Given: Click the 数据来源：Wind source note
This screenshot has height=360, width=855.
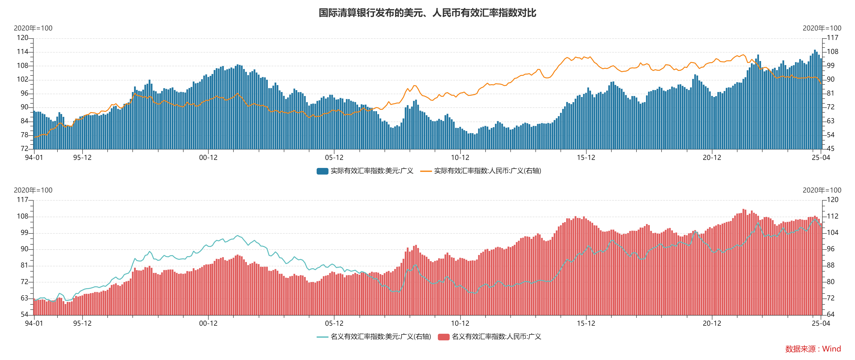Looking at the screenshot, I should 813,349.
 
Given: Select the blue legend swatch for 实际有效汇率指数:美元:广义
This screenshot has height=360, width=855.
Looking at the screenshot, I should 322,171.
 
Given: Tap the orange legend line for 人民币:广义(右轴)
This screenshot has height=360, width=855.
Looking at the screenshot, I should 426,171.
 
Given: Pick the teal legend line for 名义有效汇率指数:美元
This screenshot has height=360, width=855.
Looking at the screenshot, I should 322,337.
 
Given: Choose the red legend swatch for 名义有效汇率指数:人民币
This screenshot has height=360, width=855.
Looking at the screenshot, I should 443,337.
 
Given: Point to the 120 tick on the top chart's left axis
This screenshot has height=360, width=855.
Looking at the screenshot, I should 22,38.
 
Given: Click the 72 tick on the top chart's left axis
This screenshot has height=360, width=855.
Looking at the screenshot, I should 24,149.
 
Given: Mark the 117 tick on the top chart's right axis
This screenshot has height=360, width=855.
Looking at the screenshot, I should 833,38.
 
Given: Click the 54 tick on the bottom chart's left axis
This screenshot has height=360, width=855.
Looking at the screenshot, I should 24,314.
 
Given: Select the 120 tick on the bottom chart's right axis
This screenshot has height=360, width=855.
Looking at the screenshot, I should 833,200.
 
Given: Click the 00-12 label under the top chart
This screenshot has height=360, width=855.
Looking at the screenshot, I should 208,158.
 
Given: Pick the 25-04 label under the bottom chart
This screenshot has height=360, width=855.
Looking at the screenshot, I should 821,323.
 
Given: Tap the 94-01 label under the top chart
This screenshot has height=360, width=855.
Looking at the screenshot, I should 34,158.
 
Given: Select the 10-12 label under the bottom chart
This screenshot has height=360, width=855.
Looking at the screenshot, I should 460,323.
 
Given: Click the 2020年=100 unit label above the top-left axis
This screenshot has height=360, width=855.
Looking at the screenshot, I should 33,28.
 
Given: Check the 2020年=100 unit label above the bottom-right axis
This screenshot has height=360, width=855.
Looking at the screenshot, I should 822,190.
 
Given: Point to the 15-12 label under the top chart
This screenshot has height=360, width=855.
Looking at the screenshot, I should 586,158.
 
